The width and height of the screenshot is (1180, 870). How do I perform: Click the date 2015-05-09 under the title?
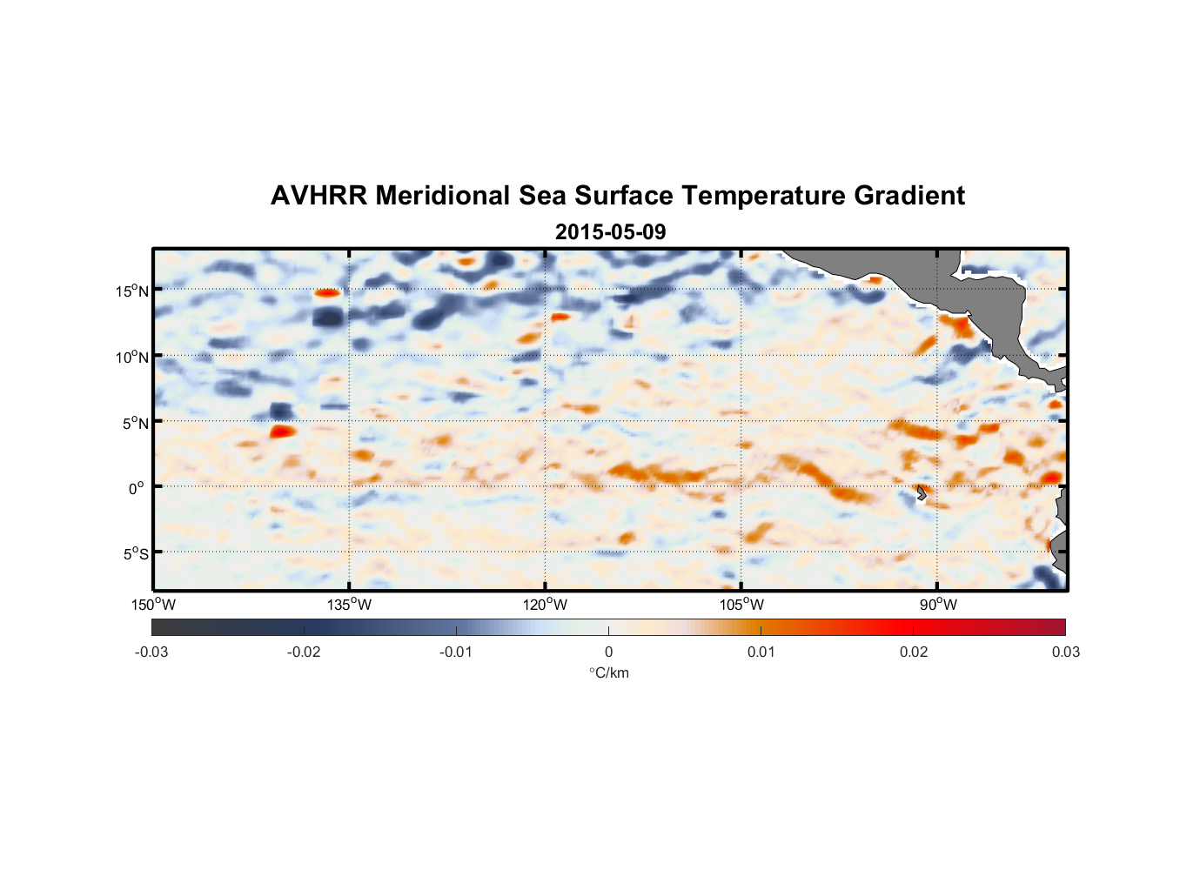[x=610, y=232]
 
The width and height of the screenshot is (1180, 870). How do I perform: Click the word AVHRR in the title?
[x=318, y=196]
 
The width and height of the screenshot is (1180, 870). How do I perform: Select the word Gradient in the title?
[x=909, y=196]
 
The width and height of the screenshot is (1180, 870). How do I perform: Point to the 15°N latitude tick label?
[x=132, y=291]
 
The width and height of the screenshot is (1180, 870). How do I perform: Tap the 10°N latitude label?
[x=132, y=357]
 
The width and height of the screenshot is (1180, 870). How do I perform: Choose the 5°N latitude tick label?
[x=135, y=423]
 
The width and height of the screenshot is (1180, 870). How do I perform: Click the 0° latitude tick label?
[x=137, y=488]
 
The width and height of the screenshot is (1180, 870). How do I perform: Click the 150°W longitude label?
[x=153, y=605]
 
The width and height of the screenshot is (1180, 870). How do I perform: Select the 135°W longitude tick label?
[x=349, y=605]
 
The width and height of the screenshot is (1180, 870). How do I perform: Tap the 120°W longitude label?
[x=545, y=605]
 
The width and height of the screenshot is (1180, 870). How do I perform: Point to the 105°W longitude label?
[x=741, y=605]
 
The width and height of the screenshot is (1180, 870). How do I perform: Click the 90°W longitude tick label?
[x=937, y=605]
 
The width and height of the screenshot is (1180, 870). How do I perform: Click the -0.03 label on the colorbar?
[x=151, y=652]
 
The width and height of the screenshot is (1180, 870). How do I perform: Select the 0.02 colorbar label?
[x=914, y=652]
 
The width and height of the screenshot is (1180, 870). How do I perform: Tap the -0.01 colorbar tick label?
[x=456, y=652]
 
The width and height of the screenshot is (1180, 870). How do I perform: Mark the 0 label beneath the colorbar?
[x=608, y=652]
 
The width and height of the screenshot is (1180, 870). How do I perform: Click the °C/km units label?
[x=608, y=673]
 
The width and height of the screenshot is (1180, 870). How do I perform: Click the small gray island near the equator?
[x=920, y=492]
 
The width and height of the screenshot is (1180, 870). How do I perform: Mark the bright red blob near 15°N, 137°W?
[x=326, y=293]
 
